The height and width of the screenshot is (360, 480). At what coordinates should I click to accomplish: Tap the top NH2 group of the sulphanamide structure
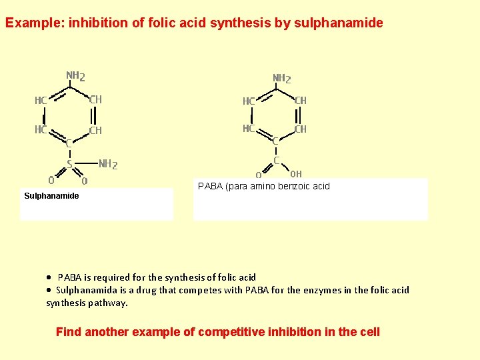pos(75,75)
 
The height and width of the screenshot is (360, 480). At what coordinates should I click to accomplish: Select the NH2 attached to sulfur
pos(108,164)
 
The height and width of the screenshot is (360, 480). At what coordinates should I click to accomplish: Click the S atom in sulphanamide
pos(69,164)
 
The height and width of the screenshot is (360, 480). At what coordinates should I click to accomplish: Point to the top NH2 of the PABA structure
pos(282,79)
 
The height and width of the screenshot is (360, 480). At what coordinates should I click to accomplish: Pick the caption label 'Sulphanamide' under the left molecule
pos(51,196)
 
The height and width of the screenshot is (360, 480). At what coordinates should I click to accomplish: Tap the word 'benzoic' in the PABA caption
pos(288,187)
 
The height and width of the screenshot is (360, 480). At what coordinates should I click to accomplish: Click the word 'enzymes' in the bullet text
pos(321,290)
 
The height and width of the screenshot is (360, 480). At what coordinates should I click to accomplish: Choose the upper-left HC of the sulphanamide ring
pos(41,101)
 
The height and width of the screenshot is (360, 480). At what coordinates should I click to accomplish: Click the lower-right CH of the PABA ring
pos(301,129)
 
